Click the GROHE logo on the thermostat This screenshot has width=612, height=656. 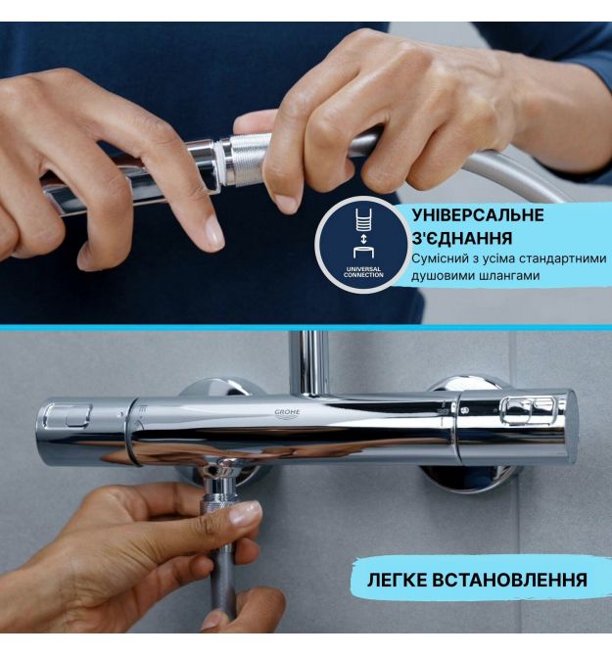(287, 414)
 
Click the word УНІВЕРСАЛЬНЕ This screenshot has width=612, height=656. (478, 215)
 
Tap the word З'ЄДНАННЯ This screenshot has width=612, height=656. (462, 238)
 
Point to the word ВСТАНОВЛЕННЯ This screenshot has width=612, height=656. (509, 581)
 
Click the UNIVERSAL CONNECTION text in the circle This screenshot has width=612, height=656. (363, 272)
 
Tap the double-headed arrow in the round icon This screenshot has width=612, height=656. (363, 240)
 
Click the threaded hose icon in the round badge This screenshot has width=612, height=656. (363, 220)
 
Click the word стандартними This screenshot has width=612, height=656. (562, 258)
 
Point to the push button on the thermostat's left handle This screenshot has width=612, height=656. (68, 416)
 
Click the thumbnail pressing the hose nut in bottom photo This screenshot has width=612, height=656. (245, 513)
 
